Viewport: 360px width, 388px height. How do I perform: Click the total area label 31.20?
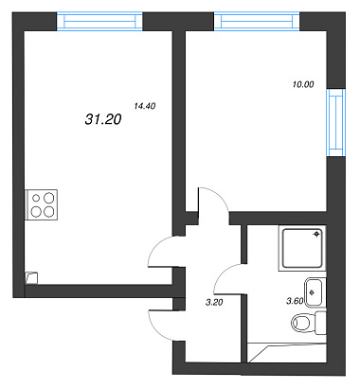pos(103,119)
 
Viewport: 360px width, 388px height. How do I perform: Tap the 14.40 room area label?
pos(145,106)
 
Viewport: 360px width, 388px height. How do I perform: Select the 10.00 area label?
pos(303,84)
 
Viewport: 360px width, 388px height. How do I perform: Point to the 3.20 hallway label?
pos(214,303)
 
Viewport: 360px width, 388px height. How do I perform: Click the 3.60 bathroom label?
pos(295,301)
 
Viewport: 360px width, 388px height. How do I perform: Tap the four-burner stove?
pos(42,204)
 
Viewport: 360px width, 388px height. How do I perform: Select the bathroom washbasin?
pos(315,292)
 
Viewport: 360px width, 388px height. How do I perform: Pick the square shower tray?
pos(302,248)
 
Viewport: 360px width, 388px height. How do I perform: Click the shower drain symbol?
pos(316,234)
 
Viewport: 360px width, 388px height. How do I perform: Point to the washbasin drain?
pos(312,292)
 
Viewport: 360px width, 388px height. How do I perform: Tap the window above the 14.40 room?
pos(99,22)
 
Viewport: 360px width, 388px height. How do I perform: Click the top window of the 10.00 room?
pos(257,22)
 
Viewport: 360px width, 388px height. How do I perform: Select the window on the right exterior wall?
pos(336,122)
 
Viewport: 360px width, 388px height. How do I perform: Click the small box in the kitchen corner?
pos(31,278)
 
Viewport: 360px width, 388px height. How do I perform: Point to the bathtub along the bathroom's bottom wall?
pos(287,353)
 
